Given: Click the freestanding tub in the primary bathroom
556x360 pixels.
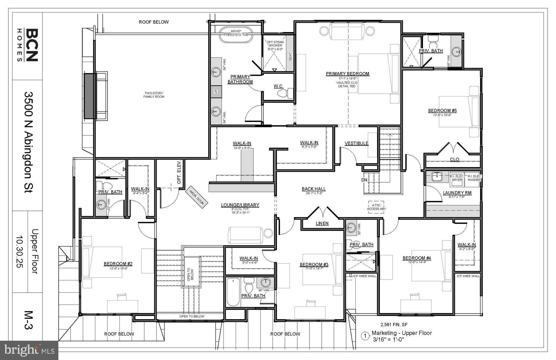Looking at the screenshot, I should coord(236,35).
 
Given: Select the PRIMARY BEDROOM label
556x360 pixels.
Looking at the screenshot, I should coord(347,74).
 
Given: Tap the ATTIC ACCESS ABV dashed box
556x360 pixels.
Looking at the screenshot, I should coord(376,207).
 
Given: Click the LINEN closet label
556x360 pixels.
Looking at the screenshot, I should coord(322,223).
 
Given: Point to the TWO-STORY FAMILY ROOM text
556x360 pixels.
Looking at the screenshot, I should coord(154,95).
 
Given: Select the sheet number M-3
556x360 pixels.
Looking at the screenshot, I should coord(28,320).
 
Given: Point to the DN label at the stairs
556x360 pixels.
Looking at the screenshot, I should coord(364,180).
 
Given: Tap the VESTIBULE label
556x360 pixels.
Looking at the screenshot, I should coord(356,143).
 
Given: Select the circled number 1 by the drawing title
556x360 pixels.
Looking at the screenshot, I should coord(365,336).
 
